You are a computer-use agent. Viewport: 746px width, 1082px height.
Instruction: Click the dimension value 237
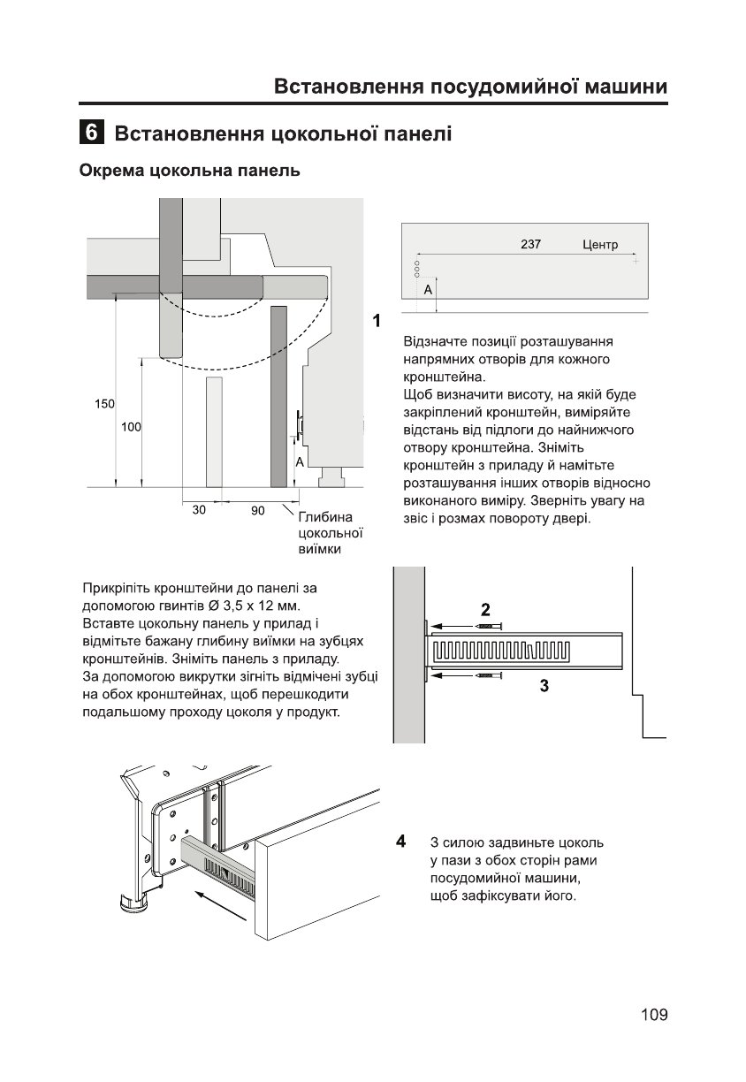(530, 245)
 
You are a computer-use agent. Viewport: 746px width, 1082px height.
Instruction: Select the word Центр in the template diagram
(600, 245)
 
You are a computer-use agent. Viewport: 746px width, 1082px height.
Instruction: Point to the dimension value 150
(104, 404)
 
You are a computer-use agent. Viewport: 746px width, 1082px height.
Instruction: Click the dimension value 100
(131, 427)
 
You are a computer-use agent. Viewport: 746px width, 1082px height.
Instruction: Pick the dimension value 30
(201, 510)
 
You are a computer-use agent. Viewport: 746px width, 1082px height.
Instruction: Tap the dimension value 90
(257, 510)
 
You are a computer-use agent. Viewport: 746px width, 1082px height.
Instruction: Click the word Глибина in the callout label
(325, 517)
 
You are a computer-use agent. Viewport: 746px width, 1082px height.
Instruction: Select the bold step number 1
(377, 320)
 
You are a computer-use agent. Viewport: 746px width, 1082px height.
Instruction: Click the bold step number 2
(485, 609)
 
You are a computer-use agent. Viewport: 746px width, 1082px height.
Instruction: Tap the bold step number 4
(401, 840)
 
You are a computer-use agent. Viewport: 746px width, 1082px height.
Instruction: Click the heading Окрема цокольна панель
(190, 171)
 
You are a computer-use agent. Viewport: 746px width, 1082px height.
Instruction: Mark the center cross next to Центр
(635, 262)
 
